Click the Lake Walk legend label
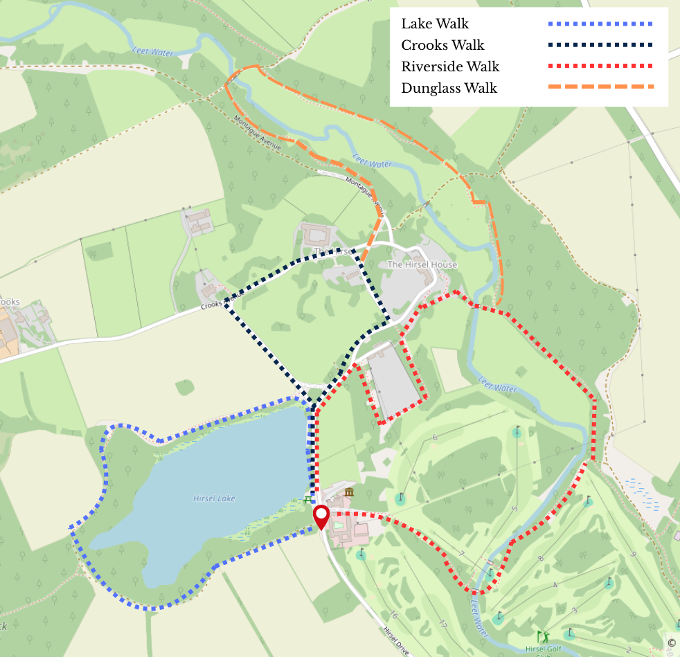tap(435, 24)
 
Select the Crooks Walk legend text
tap(442, 45)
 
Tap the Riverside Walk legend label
tap(450, 66)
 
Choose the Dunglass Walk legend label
tap(449, 88)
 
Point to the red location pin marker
tap(321, 516)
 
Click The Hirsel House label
tap(422, 264)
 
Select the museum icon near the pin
tap(349, 492)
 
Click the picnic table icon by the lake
tap(307, 499)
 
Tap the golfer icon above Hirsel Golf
tap(542, 636)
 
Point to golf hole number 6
tap(434, 438)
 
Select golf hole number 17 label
tap(442, 624)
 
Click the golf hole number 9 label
tap(632, 554)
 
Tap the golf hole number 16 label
tap(393, 616)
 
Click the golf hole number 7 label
tap(460, 554)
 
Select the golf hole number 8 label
tap(541, 558)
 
